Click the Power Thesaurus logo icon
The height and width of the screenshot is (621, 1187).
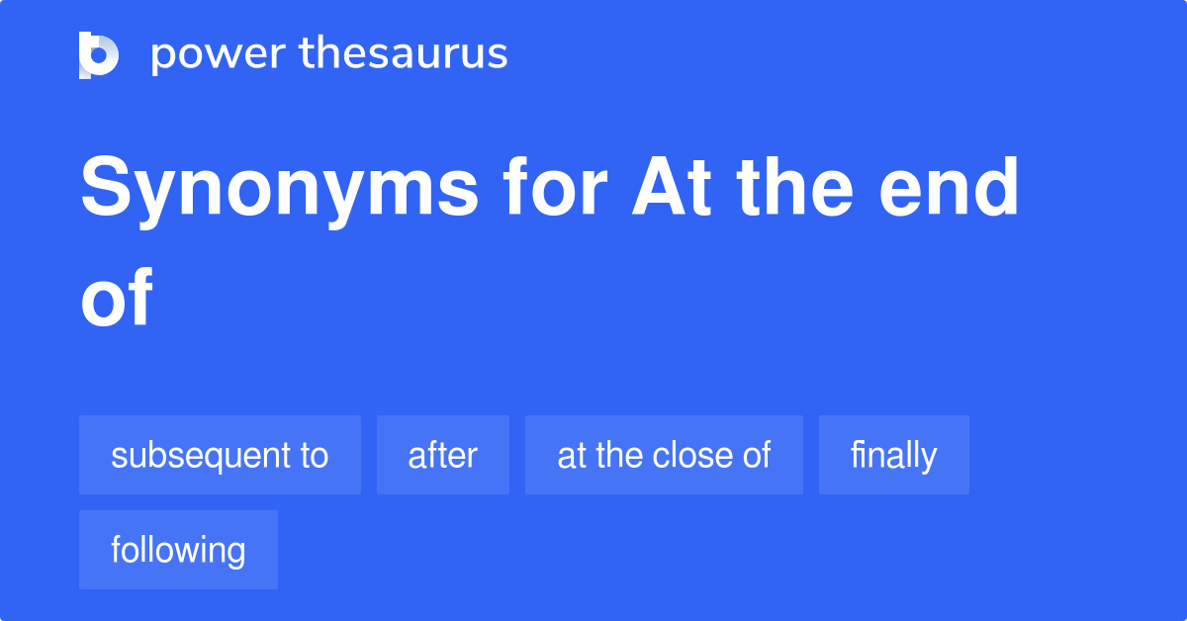coord(99,54)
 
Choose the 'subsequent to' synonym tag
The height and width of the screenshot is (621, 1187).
coord(220,456)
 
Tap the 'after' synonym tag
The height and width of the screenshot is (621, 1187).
coord(442,456)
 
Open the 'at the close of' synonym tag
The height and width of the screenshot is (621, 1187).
coord(664,456)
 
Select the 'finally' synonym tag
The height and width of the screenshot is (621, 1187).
coord(893,456)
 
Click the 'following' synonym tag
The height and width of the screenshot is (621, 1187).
coord(178,550)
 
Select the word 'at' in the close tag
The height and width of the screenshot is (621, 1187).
coord(571,456)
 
